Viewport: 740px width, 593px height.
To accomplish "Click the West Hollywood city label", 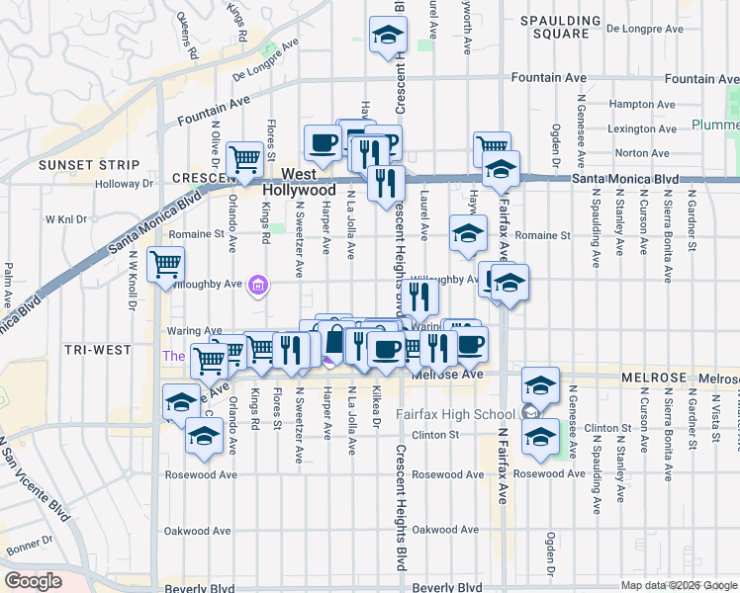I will pyautogui.click(x=301, y=181).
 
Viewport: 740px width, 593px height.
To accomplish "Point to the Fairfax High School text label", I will pyautogui.click(x=457, y=414).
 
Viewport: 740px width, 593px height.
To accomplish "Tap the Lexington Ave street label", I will pyautogui.click(x=645, y=128).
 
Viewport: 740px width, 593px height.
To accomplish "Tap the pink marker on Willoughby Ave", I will pyautogui.click(x=259, y=286).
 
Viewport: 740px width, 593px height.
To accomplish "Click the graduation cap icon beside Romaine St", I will pyautogui.click(x=468, y=233).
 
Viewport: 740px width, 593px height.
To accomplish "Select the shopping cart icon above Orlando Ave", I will pyautogui.click(x=244, y=157).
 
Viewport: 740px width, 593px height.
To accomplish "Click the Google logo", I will pyautogui.click(x=33, y=581).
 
